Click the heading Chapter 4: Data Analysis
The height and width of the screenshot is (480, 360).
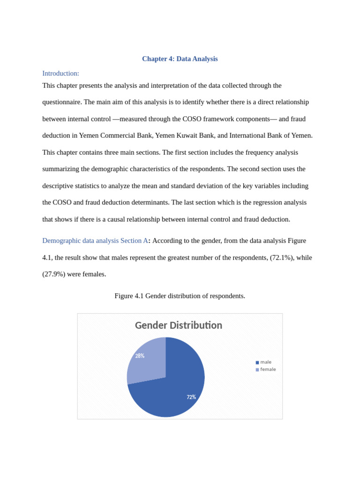[180, 59]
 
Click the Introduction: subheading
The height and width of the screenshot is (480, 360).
[60, 73]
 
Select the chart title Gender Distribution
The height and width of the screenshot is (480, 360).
[178, 325]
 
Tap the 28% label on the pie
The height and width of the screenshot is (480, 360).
[140, 356]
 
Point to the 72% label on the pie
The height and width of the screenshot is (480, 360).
[191, 397]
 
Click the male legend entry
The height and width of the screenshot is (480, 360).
[265, 362]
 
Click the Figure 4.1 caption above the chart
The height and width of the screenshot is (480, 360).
[180, 296]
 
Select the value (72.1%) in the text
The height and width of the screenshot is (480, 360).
[282, 257]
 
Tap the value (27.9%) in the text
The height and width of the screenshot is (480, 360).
[53, 274]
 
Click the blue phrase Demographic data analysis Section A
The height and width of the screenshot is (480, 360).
[95, 240]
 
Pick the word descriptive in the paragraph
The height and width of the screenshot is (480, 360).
[59, 186]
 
